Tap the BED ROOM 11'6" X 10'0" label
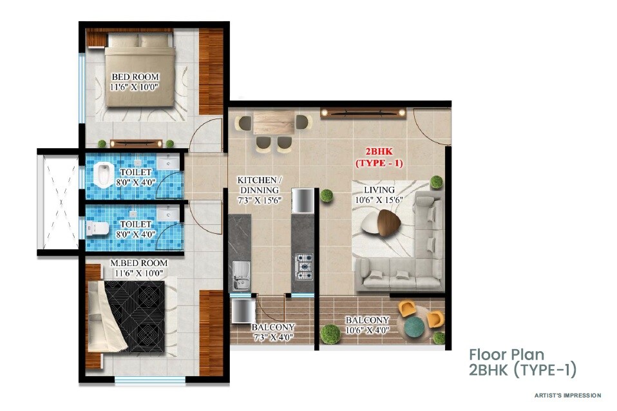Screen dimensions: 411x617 click(x=135, y=82)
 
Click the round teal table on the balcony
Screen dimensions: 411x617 click(x=417, y=325)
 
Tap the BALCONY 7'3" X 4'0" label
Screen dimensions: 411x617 click(x=273, y=332)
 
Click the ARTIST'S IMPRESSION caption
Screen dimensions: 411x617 click(x=567, y=395)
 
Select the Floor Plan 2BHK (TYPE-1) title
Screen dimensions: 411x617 click(x=522, y=362)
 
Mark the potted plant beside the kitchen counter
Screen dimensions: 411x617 click(x=327, y=195)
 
